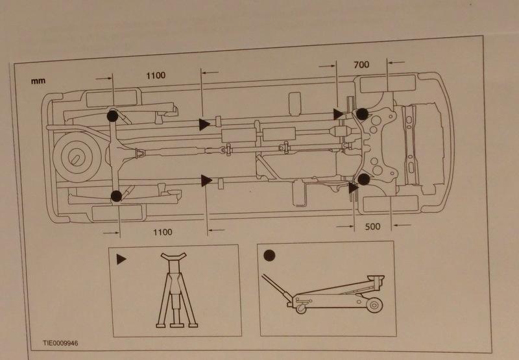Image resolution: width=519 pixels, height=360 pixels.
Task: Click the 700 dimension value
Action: click(361, 65)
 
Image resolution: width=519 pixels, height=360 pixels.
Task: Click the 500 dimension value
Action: click(373, 228)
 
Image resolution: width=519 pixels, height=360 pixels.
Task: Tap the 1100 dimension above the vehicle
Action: click(156, 75)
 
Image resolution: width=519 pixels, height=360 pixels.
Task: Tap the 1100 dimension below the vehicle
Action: click(163, 231)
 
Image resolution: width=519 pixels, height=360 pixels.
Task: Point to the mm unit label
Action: click(36, 82)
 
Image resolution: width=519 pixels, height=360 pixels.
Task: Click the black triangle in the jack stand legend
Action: click(121, 258)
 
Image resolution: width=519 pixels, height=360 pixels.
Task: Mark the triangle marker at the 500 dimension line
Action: click(352, 188)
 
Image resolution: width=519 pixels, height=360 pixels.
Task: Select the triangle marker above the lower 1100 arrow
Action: click(207, 180)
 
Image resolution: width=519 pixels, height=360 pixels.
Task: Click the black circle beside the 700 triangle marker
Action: click(361, 114)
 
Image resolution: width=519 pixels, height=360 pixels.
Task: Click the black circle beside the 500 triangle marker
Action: click(364, 178)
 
